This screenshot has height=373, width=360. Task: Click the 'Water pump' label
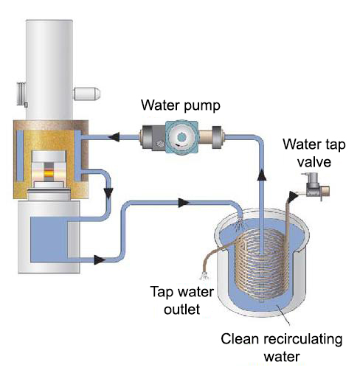[x=181, y=105]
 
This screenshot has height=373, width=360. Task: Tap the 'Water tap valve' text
[x=314, y=153]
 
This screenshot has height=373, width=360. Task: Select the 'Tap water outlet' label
[x=182, y=300]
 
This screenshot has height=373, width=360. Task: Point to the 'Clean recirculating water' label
[x=282, y=347]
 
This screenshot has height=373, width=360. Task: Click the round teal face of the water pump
[x=181, y=137]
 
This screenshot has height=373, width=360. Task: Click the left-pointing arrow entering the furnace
[x=114, y=136]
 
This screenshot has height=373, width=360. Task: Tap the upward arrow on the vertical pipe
[x=262, y=175]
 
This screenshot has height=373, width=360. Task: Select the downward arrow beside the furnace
[x=108, y=193]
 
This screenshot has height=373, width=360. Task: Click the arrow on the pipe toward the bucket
[x=184, y=203]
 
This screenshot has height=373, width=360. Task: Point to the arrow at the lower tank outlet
[x=100, y=259]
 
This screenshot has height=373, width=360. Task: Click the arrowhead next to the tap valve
[x=294, y=195]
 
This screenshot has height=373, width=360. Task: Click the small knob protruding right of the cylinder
[x=87, y=94]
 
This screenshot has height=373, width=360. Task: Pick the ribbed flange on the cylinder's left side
[x=21, y=94]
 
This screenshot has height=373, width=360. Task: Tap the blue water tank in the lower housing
[x=49, y=240]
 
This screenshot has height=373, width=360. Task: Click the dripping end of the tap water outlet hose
[x=204, y=276]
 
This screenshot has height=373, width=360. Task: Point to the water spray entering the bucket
[x=238, y=224]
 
